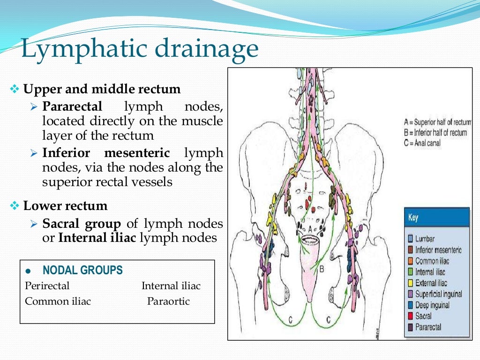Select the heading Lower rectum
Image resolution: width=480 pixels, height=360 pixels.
[65, 206]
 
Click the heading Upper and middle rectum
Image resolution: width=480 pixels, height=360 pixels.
[102, 89]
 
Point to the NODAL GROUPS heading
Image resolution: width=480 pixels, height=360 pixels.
[82, 270]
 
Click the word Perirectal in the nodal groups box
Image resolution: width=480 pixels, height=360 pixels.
[47, 285]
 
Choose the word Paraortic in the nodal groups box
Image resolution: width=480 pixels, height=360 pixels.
[168, 301]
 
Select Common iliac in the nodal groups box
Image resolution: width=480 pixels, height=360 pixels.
[58, 301]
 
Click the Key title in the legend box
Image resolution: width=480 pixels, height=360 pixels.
[413, 218]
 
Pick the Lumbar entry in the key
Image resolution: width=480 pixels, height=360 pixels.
[426, 239]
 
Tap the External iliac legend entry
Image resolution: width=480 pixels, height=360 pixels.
[431, 283]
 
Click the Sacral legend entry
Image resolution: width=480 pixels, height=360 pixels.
[423, 316]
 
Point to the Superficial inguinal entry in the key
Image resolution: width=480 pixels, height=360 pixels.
[438, 294]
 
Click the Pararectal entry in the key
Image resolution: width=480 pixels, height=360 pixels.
[427, 327]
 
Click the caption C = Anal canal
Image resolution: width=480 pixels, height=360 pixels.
[422, 143]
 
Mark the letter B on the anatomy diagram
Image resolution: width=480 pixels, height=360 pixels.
[322, 270]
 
